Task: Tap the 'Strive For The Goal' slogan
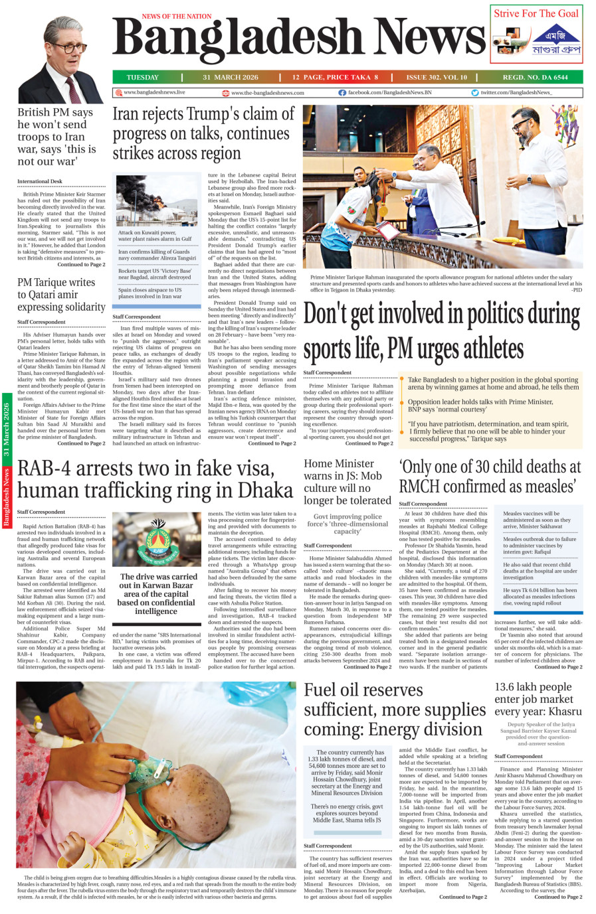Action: [536, 13]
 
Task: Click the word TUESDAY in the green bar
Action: [142, 77]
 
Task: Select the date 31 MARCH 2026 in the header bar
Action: [231, 77]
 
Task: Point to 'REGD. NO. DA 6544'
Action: [535, 77]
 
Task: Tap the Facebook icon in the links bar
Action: [342, 93]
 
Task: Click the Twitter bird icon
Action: [475, 93]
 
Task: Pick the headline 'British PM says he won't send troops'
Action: [56, 137]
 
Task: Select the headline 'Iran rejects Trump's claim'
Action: [203, 133]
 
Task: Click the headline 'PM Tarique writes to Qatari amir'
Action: [61, 294]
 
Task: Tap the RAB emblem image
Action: [156, 540]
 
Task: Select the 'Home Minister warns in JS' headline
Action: [348, 482]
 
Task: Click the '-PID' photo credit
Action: [576, 290]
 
